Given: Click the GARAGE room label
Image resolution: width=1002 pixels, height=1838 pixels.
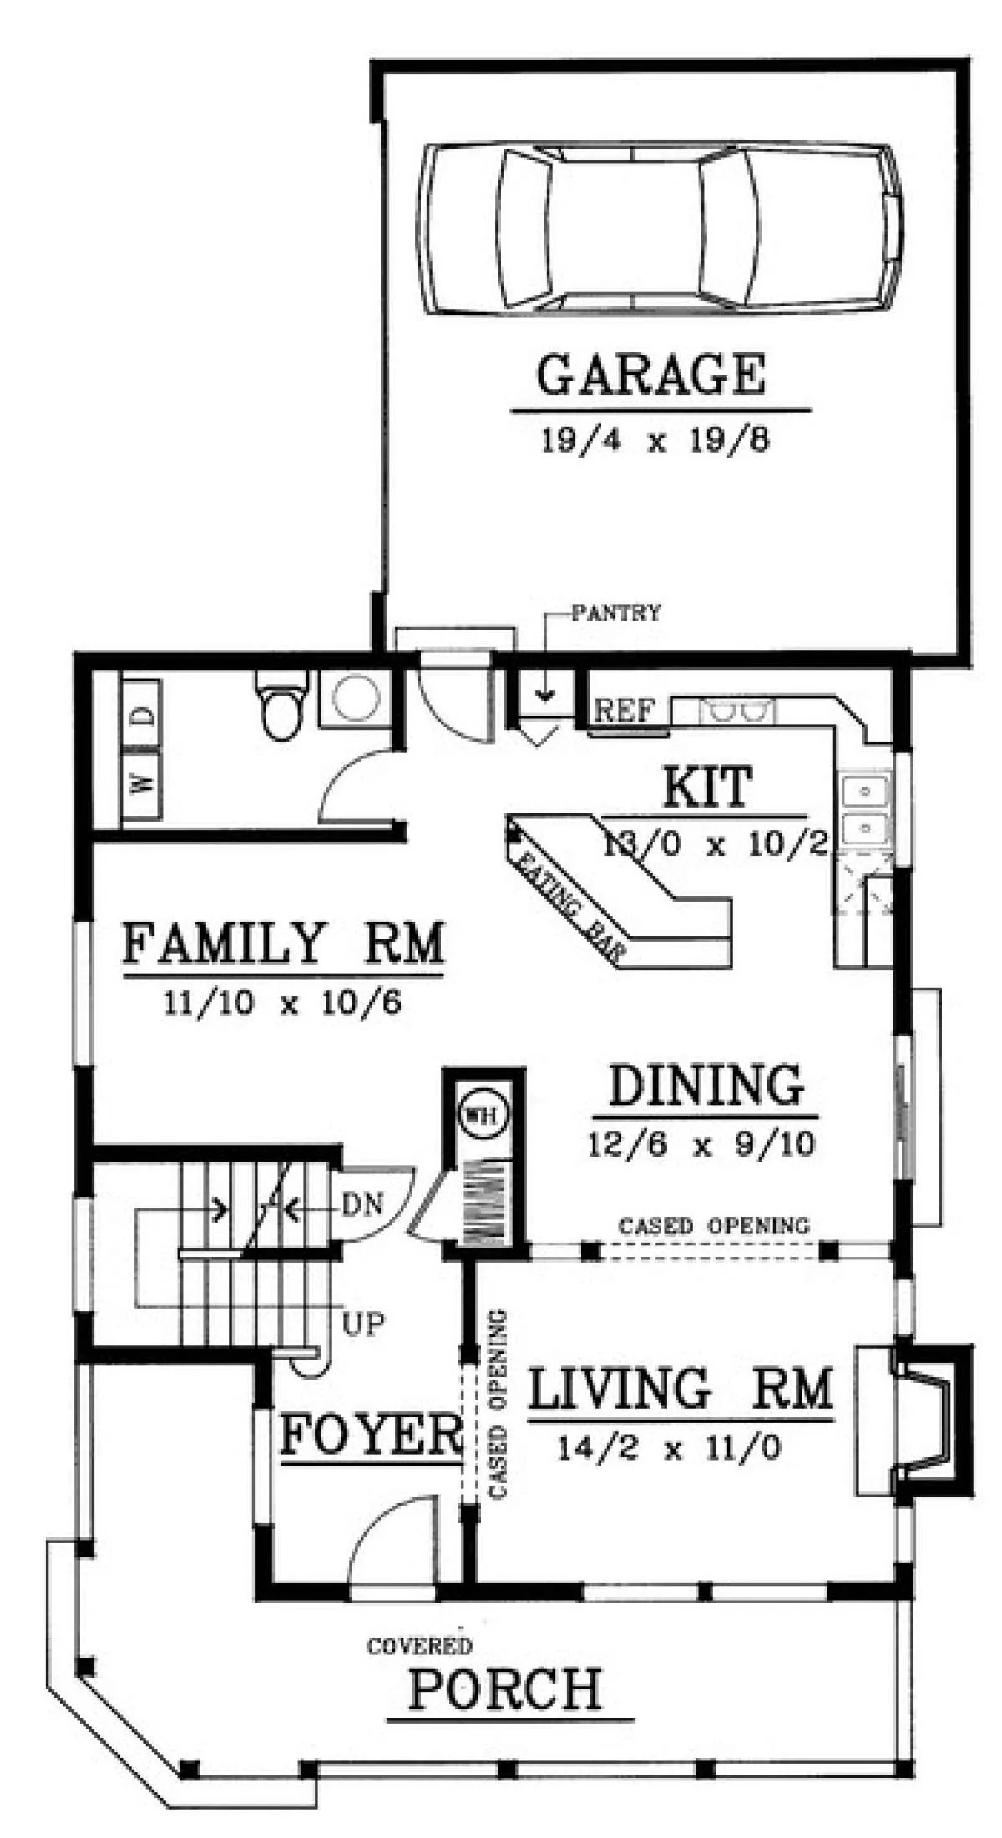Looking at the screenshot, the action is point(650,375).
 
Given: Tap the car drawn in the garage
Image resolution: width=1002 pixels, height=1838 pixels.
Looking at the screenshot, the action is point(661,229).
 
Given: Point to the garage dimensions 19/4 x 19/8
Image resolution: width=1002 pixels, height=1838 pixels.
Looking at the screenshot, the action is point(655,440).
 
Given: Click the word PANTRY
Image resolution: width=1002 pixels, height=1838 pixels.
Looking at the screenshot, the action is point(616,613).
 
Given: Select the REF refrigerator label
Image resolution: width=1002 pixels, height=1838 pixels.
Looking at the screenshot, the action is point(625,711).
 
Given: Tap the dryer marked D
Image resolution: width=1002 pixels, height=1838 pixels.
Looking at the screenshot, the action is point(142,716).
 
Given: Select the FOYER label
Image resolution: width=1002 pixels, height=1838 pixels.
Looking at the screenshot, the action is point(371,1435).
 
